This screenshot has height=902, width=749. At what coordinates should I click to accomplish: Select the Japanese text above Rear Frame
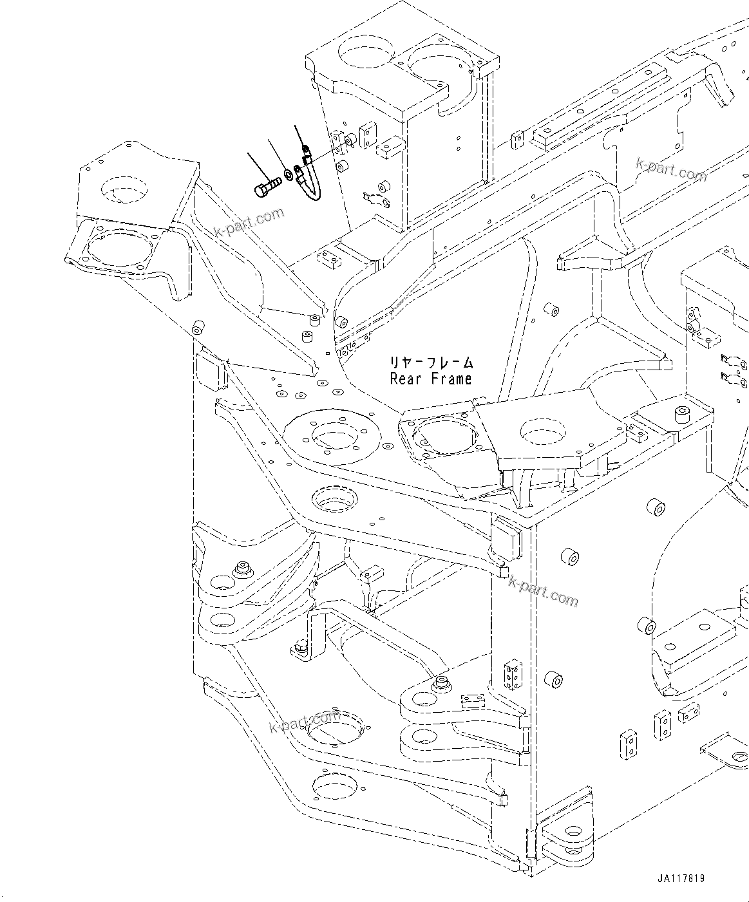[x=430, y=362]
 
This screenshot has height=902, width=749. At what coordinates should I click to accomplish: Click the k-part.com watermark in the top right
[x=671, y=170]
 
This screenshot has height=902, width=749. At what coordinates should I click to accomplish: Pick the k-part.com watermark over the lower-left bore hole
[x=305, y=723]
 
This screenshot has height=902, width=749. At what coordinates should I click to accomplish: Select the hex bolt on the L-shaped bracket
[x=300, y=647]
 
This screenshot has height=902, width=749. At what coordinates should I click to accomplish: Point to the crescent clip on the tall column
[x=372, y=197]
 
